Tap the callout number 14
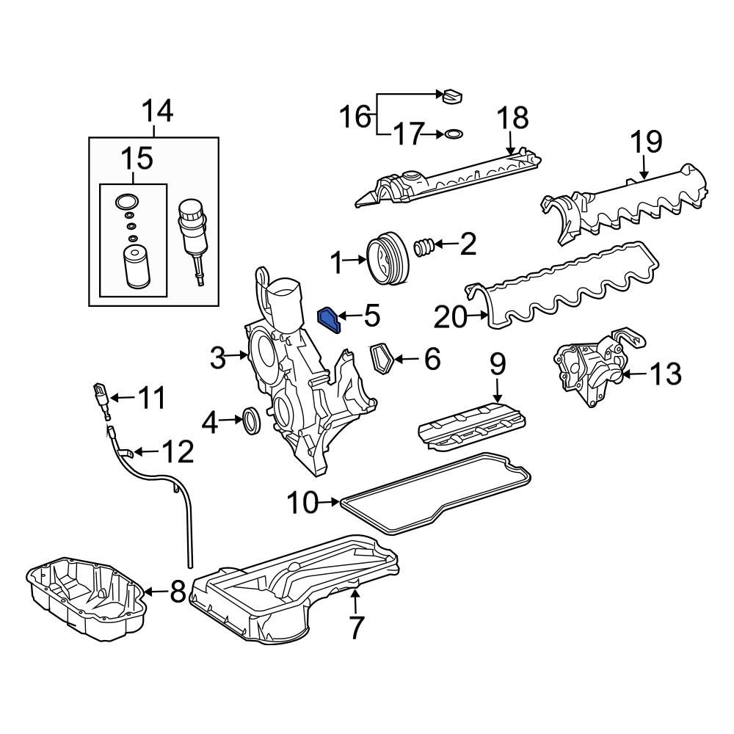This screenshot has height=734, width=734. click(x=157, y=112)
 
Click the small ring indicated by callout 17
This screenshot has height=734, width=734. click(x=453, y=134)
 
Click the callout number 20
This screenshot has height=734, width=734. click(x=451, y=317)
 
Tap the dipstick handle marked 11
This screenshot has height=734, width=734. click(x=101, y=396)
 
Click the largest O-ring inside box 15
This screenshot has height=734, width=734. click(x=127, y=202)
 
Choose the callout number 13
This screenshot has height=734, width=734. click(x=665, y=374)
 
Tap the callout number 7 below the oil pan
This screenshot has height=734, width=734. click(x=356, y=628)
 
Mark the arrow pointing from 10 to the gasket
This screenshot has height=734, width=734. click(x=329, y=502)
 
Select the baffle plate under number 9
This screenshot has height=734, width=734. click(x=471, y=426)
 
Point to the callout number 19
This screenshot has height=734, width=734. click(x=647, y=142)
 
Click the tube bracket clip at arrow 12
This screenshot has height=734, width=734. click(x=125, y=453)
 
